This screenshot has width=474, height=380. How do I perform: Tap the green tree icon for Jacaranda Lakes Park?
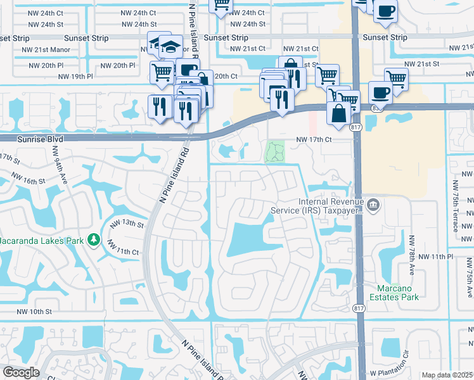point(94,239)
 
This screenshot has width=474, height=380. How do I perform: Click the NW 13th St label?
point(127,224)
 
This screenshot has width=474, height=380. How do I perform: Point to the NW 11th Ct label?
point(123,251)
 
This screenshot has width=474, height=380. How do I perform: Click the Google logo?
point(21,372)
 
